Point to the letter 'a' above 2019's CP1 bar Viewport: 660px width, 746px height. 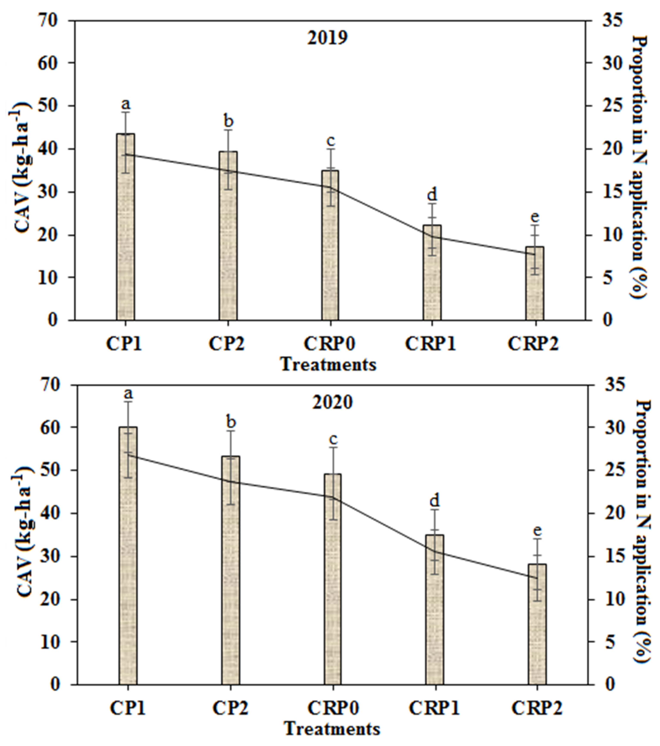[126, 104]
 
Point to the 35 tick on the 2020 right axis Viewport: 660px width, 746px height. [606, 385]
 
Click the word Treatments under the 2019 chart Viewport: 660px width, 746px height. [328, 364]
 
